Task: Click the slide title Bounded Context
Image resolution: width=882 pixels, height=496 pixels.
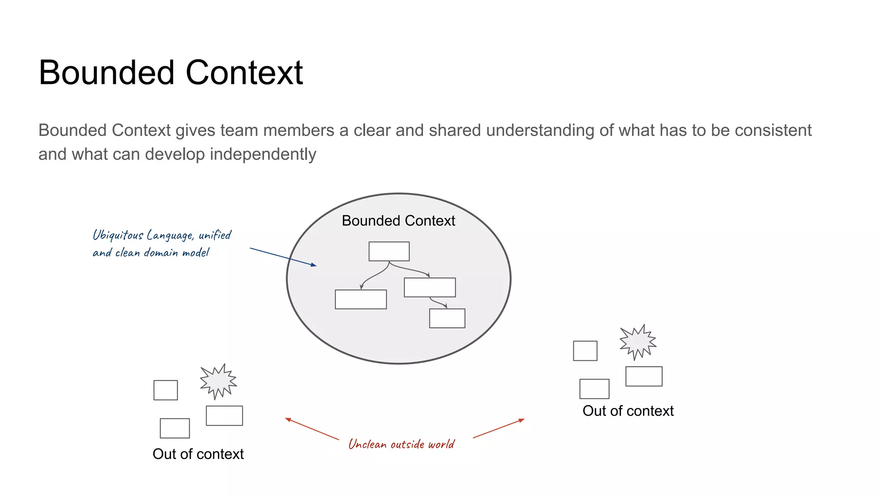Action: pyautogui.click(x=171, y=73)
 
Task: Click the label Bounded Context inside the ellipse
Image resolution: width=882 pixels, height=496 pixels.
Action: pyautogui.click(x=398, y=221)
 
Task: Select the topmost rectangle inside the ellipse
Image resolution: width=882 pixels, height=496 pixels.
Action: pyautogui.click(x=389, y=251)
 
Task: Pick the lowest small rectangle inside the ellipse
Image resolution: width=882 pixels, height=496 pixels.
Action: pyautogui.click(x=447, y=318)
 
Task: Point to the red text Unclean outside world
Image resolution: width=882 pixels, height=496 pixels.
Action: pyautogui.click(x=401, y=444)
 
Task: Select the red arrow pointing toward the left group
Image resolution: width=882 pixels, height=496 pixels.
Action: pyautogui.click(x=312, y=429)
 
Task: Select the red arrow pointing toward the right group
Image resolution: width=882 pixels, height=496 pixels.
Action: pyautogui.click(x=499, y=428)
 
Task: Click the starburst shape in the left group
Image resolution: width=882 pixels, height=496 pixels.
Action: pyautogui.click(x=218, y=381)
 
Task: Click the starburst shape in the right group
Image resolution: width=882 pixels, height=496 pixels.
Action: pyautogui.click(x=638, y=342)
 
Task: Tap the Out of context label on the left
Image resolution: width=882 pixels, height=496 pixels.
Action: pyautogui.click(x=198, y=454)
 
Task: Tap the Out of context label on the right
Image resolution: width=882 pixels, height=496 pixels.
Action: pyautogui.click(x=628, y=411)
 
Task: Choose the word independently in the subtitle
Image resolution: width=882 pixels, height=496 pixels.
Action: pyautogui.click(x=263, y=154)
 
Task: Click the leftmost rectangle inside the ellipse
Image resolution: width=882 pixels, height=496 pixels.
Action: pyautogui.click(x=361, y=299)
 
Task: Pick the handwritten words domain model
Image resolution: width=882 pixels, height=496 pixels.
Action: pyautogui.click(x=177, y=253)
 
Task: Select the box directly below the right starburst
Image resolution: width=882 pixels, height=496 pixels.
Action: pyautogui.click(x=644, y=376)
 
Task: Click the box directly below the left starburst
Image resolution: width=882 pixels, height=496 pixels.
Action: pyautogui.click(x=224, y=415)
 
